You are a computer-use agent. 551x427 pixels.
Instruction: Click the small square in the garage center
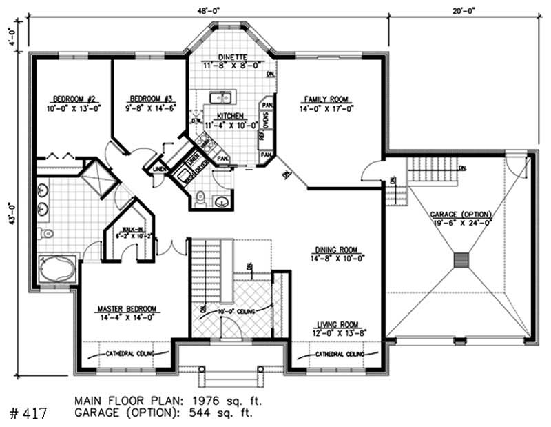461,259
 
